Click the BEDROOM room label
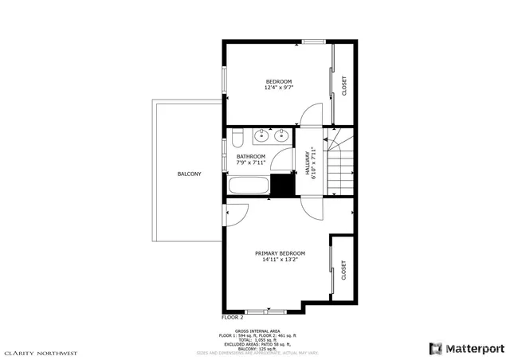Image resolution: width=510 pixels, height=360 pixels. pyautogui.click(x=278, y=81)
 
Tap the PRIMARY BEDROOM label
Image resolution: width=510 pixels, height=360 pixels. pyautogui.click(x=280, y=253)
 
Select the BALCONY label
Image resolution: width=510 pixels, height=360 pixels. pyautogui.click(x=189, y=174)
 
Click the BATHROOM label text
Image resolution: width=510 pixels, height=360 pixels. pyautogui.click(x=250, y=156)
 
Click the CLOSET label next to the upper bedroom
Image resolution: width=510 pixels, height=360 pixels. pyautogui.click(x=344, y=84)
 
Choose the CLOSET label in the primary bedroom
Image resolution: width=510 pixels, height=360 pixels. pyautogui.click(x=344, y=270)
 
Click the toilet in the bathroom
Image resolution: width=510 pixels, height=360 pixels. pyautogui.click(x=237, y=139)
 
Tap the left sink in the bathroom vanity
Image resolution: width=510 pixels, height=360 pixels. pyautogui.click(x=263, y=136)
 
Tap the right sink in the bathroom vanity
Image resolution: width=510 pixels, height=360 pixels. pyautogui.click(x=280, y=136)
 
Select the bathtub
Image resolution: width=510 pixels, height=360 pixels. pyautogui.click(x=249, y=186)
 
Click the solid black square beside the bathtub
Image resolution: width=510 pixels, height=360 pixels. pyautogui.click(x=281, y=185)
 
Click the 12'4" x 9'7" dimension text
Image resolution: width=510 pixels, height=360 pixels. pyautogui.click(x=278, y=88)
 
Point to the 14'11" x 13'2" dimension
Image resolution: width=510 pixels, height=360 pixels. pyautogui.click(x=280, y=260)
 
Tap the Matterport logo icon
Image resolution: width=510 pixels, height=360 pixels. pyautogui.click(x=435, y=348)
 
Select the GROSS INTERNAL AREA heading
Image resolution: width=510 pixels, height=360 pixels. pyautogui.click(x=257, y=330)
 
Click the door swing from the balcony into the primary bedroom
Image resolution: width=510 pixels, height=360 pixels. pyautogui.click(x=238, y=213)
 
